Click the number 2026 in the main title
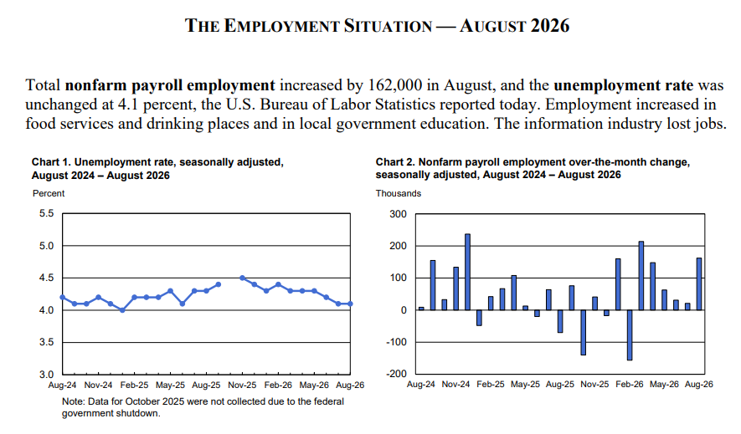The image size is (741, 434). point(550,25)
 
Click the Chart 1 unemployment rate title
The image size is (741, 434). point(157,168)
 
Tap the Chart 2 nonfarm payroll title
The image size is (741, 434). point(533,168)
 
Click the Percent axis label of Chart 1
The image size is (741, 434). point(49,193)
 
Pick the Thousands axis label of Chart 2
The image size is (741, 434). point(399,193)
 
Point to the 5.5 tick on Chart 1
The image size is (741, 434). point(46,213)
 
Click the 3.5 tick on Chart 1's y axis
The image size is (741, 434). point(46,342)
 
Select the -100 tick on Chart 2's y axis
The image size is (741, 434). point(398,342)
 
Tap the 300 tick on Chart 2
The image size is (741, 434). point(399,214)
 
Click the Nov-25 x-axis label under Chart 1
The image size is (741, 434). point(242,385)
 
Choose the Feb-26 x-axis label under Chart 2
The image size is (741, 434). point(630,385)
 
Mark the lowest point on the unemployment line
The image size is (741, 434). point(122,310)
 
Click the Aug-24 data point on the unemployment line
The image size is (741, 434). point(63,297)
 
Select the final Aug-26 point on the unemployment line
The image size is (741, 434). point(350,304)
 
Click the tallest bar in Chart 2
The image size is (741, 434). point(467,272)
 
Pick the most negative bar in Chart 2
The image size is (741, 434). point(630,335)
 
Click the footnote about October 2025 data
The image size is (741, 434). point(203,407)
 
